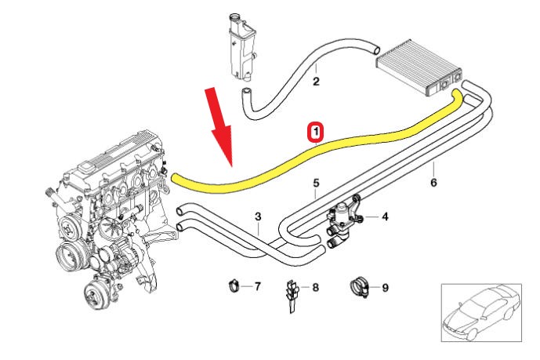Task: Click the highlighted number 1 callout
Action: click(315, 133)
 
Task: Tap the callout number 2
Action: click(316, 80)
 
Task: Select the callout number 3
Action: click(259, 216)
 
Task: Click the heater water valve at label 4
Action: click(345, 219)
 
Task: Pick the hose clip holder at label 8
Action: click(291, 294)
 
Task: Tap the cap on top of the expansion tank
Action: click(235, 20)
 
